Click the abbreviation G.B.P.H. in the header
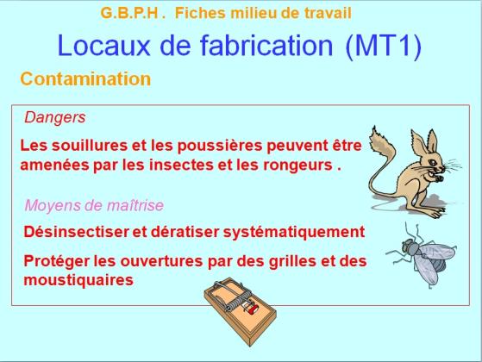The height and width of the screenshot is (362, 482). (x=133, y=13)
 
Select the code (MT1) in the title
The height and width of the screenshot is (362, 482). (x=384, y=46)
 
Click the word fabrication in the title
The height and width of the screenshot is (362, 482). (x=266, y=46)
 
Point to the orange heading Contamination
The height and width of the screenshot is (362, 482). (x=85, y=78)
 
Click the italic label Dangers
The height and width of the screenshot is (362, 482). (x=55, y=117)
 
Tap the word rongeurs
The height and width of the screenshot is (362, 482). (x=297, y=165)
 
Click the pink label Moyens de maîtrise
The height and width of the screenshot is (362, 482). (x=94, y=205)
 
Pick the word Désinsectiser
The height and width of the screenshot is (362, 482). (x=76, y=232)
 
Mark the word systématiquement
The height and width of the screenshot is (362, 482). (x=294, y=233)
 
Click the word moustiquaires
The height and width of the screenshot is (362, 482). (x=78, y=280)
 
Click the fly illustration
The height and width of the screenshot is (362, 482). (x=421, y=255)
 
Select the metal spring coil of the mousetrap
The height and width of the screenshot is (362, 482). (x=237, y=303)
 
